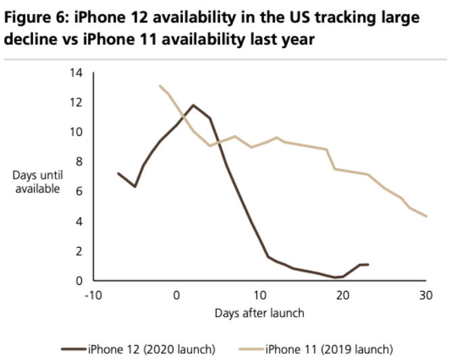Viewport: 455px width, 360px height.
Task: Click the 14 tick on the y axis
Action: (79, 72)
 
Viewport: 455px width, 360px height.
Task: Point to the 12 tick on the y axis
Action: (79, 102)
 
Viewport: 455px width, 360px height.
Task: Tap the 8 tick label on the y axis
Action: (81, 162)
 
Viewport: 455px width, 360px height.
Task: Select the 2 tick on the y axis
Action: (81, 251)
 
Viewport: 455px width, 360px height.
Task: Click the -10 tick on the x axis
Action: (93, 294)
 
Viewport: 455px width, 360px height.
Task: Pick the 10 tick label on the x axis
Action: (259, 294)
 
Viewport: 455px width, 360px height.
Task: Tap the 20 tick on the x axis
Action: (343, 294)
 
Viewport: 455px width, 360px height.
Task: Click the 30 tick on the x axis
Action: (426, 294)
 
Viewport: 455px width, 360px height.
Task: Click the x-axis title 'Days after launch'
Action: (259, 313)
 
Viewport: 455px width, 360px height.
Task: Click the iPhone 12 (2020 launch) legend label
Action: (151, 348)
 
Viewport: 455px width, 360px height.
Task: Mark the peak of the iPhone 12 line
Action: (194, 105)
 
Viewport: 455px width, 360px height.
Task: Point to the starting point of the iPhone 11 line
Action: (160, 86)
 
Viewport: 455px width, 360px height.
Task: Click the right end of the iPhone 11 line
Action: (426, 216)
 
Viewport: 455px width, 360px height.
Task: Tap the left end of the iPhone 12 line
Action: (118, 173)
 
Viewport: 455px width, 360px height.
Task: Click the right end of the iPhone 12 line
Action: (368, 264)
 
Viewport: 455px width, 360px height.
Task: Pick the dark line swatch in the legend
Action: (72, 348)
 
